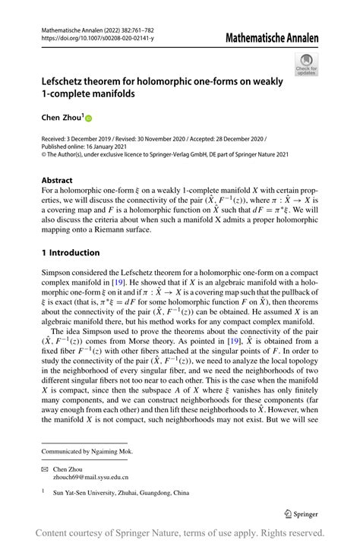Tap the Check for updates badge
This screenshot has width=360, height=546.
pyautogui.click(x=307, y=65)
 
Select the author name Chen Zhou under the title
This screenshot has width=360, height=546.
pyautogui.click(x=59, y=118)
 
